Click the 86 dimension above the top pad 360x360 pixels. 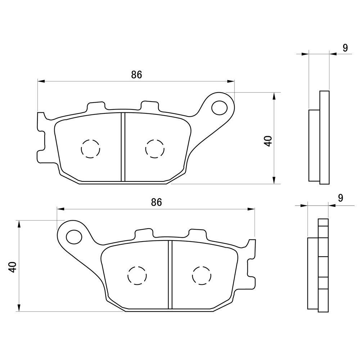point(136,75)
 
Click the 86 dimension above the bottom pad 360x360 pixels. point(156,202)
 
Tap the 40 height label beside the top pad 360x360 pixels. point(268,141)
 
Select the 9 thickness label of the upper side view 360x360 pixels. point(345,48)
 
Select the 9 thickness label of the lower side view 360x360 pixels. point(341,198)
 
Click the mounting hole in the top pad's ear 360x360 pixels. point(219,108)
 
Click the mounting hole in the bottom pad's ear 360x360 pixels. point(74,236)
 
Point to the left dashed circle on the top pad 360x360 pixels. point(91,149)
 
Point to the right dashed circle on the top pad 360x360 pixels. point(155,149)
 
